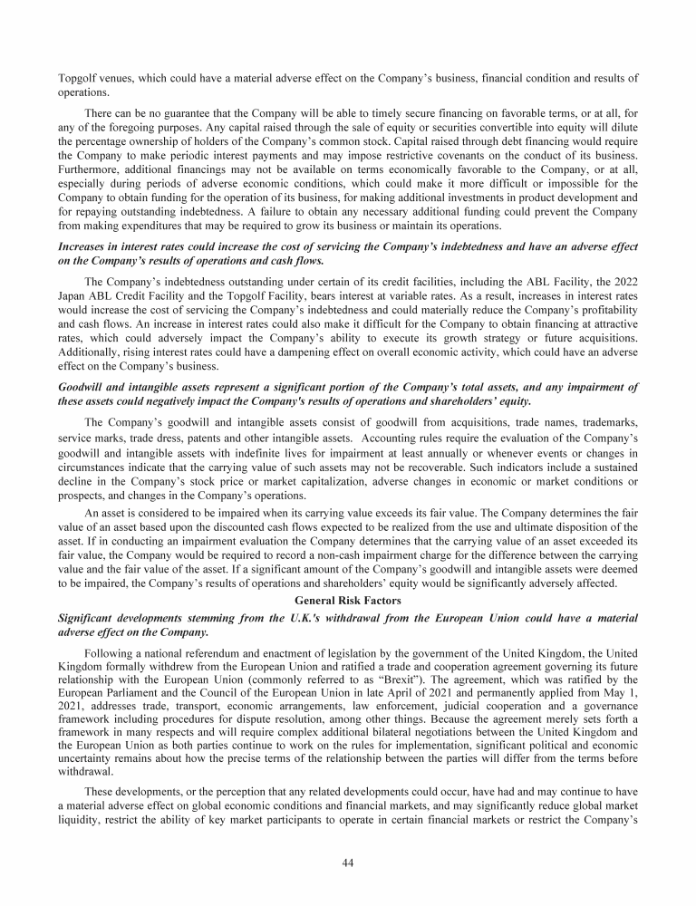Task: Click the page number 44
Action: coord(347,862)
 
